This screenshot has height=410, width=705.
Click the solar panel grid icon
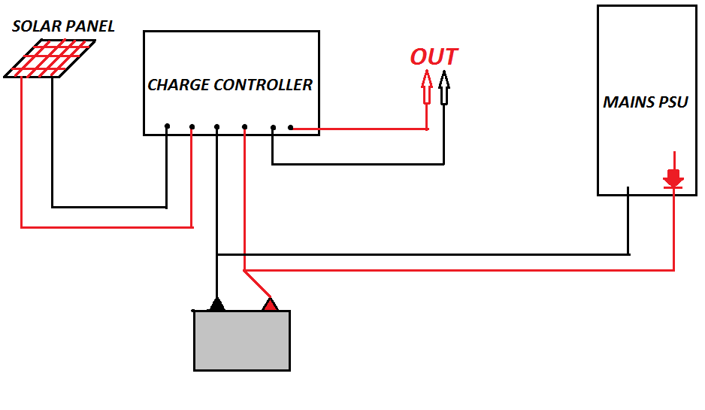click(50, 59)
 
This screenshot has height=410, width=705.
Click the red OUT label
click(434, 57)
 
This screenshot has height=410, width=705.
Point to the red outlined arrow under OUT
click(427, 87)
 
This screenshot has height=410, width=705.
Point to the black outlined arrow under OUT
click(443, 87)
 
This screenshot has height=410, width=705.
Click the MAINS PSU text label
click(646, 102)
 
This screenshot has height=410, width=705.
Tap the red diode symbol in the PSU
click(673, 179)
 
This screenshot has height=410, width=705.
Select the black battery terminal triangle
click(216, 304)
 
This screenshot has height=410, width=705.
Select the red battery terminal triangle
click(269, 304)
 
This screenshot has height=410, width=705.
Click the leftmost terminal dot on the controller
click(167, 126)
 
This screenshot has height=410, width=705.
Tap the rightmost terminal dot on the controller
click(290, 128)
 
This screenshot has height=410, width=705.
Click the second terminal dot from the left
click(192, 126)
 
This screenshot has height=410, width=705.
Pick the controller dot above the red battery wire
click(245, 126)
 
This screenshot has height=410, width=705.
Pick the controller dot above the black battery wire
click(216, 126)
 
